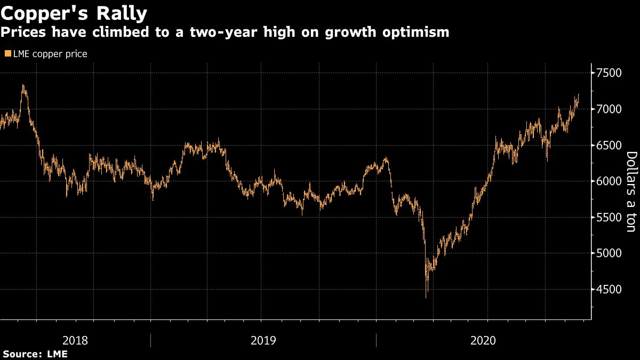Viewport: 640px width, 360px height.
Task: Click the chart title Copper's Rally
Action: (x=74, y=12)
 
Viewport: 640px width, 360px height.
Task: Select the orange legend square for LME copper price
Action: (x=7, y=54)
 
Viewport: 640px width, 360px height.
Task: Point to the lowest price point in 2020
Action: (x=426, y=297)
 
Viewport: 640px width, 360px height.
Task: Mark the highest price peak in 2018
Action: (x=23, y=85)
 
